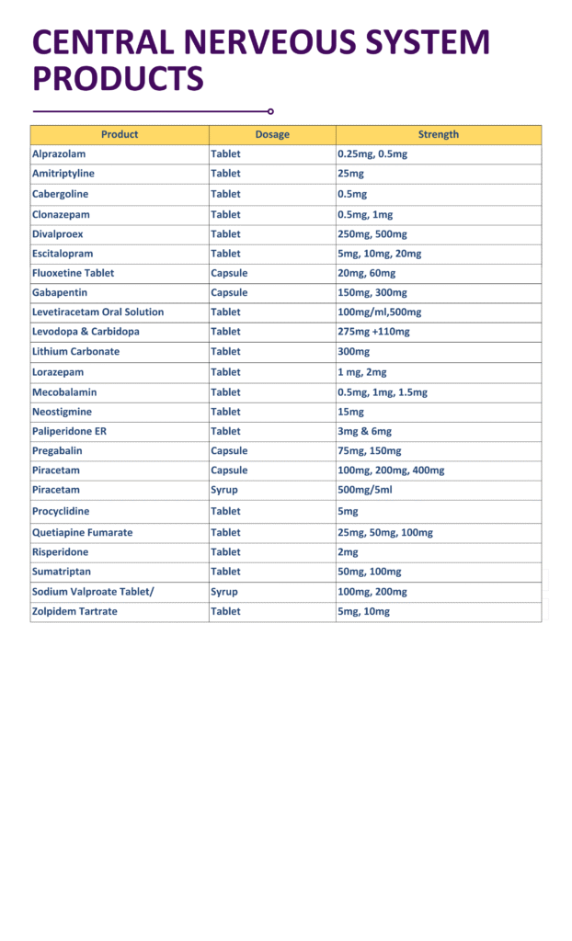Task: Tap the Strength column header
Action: click(438, 134)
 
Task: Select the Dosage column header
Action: click(272, 134)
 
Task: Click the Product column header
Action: click(120, 134)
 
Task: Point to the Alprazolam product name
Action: click(59, 153)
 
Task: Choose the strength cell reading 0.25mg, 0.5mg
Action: click(372, 153)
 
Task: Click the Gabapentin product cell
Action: click(60, 292)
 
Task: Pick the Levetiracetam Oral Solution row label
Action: click(98, 312)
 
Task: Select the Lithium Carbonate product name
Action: click(75, 352)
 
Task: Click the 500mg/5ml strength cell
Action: click(365, 490)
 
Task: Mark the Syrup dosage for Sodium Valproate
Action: click(224, 592)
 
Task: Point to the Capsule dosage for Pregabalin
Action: click(229, 451)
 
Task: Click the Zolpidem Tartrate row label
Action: click(74, 611)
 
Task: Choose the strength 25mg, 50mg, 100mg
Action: click(385, 532)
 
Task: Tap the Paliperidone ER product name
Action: click(69, 431)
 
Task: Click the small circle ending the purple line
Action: click(270, 111)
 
